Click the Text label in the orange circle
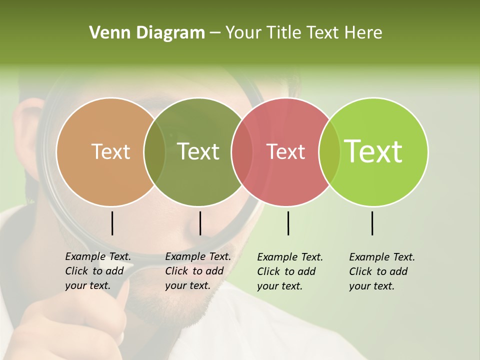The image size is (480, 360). coord(110,151)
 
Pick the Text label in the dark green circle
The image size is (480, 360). coord(198,151)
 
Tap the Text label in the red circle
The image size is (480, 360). coord(286,151)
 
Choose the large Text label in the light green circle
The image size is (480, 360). coord(373,151)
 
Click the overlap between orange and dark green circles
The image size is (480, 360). coord(154,151)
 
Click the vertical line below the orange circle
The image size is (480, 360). coord(112,223)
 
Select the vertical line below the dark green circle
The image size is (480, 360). coord(200,223)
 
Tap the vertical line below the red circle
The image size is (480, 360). coord(288,223)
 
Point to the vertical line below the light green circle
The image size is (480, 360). coord(372,223)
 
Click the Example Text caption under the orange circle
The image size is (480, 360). coord(98,271)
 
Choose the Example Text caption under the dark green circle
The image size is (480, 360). coord(198,271)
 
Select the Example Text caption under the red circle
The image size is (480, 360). coord(290,271)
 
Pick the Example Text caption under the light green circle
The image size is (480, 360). coord(382,271)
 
